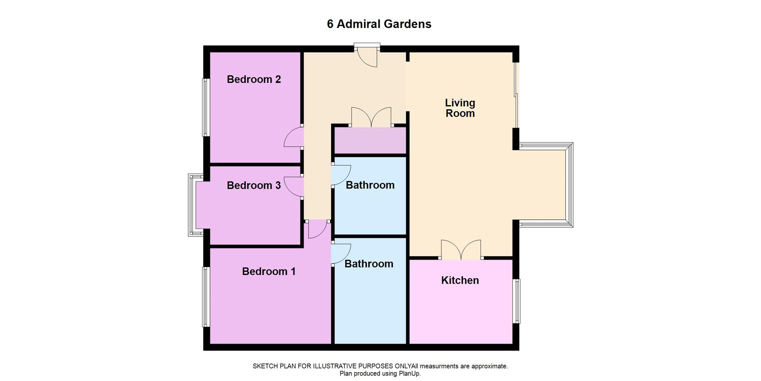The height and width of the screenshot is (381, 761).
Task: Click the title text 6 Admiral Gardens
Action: point(379,24)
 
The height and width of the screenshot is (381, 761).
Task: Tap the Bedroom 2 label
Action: point(254,79)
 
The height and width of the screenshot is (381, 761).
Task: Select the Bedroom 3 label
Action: point(254,185)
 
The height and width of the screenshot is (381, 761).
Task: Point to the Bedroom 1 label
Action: point(269,271)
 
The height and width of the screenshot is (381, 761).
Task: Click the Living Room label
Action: point(460,108)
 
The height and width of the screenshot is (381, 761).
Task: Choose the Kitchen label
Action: point(460,280)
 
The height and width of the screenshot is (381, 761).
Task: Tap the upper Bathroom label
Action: point(370,185)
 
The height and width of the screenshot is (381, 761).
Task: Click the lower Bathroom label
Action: point(369,264)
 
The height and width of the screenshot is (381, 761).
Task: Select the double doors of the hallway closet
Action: point(371,117)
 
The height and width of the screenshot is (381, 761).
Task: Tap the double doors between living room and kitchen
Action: point(461,250)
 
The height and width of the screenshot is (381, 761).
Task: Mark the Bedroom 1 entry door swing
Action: point(317,229)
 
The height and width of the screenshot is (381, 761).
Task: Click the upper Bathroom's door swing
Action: point(341,175)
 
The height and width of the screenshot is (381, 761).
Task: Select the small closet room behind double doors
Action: point(370,140)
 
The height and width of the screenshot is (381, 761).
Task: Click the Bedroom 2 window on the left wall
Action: point(206,108)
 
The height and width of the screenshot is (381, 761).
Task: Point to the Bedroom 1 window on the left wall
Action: point(206,296)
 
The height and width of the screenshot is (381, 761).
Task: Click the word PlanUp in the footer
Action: point(411,373)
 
